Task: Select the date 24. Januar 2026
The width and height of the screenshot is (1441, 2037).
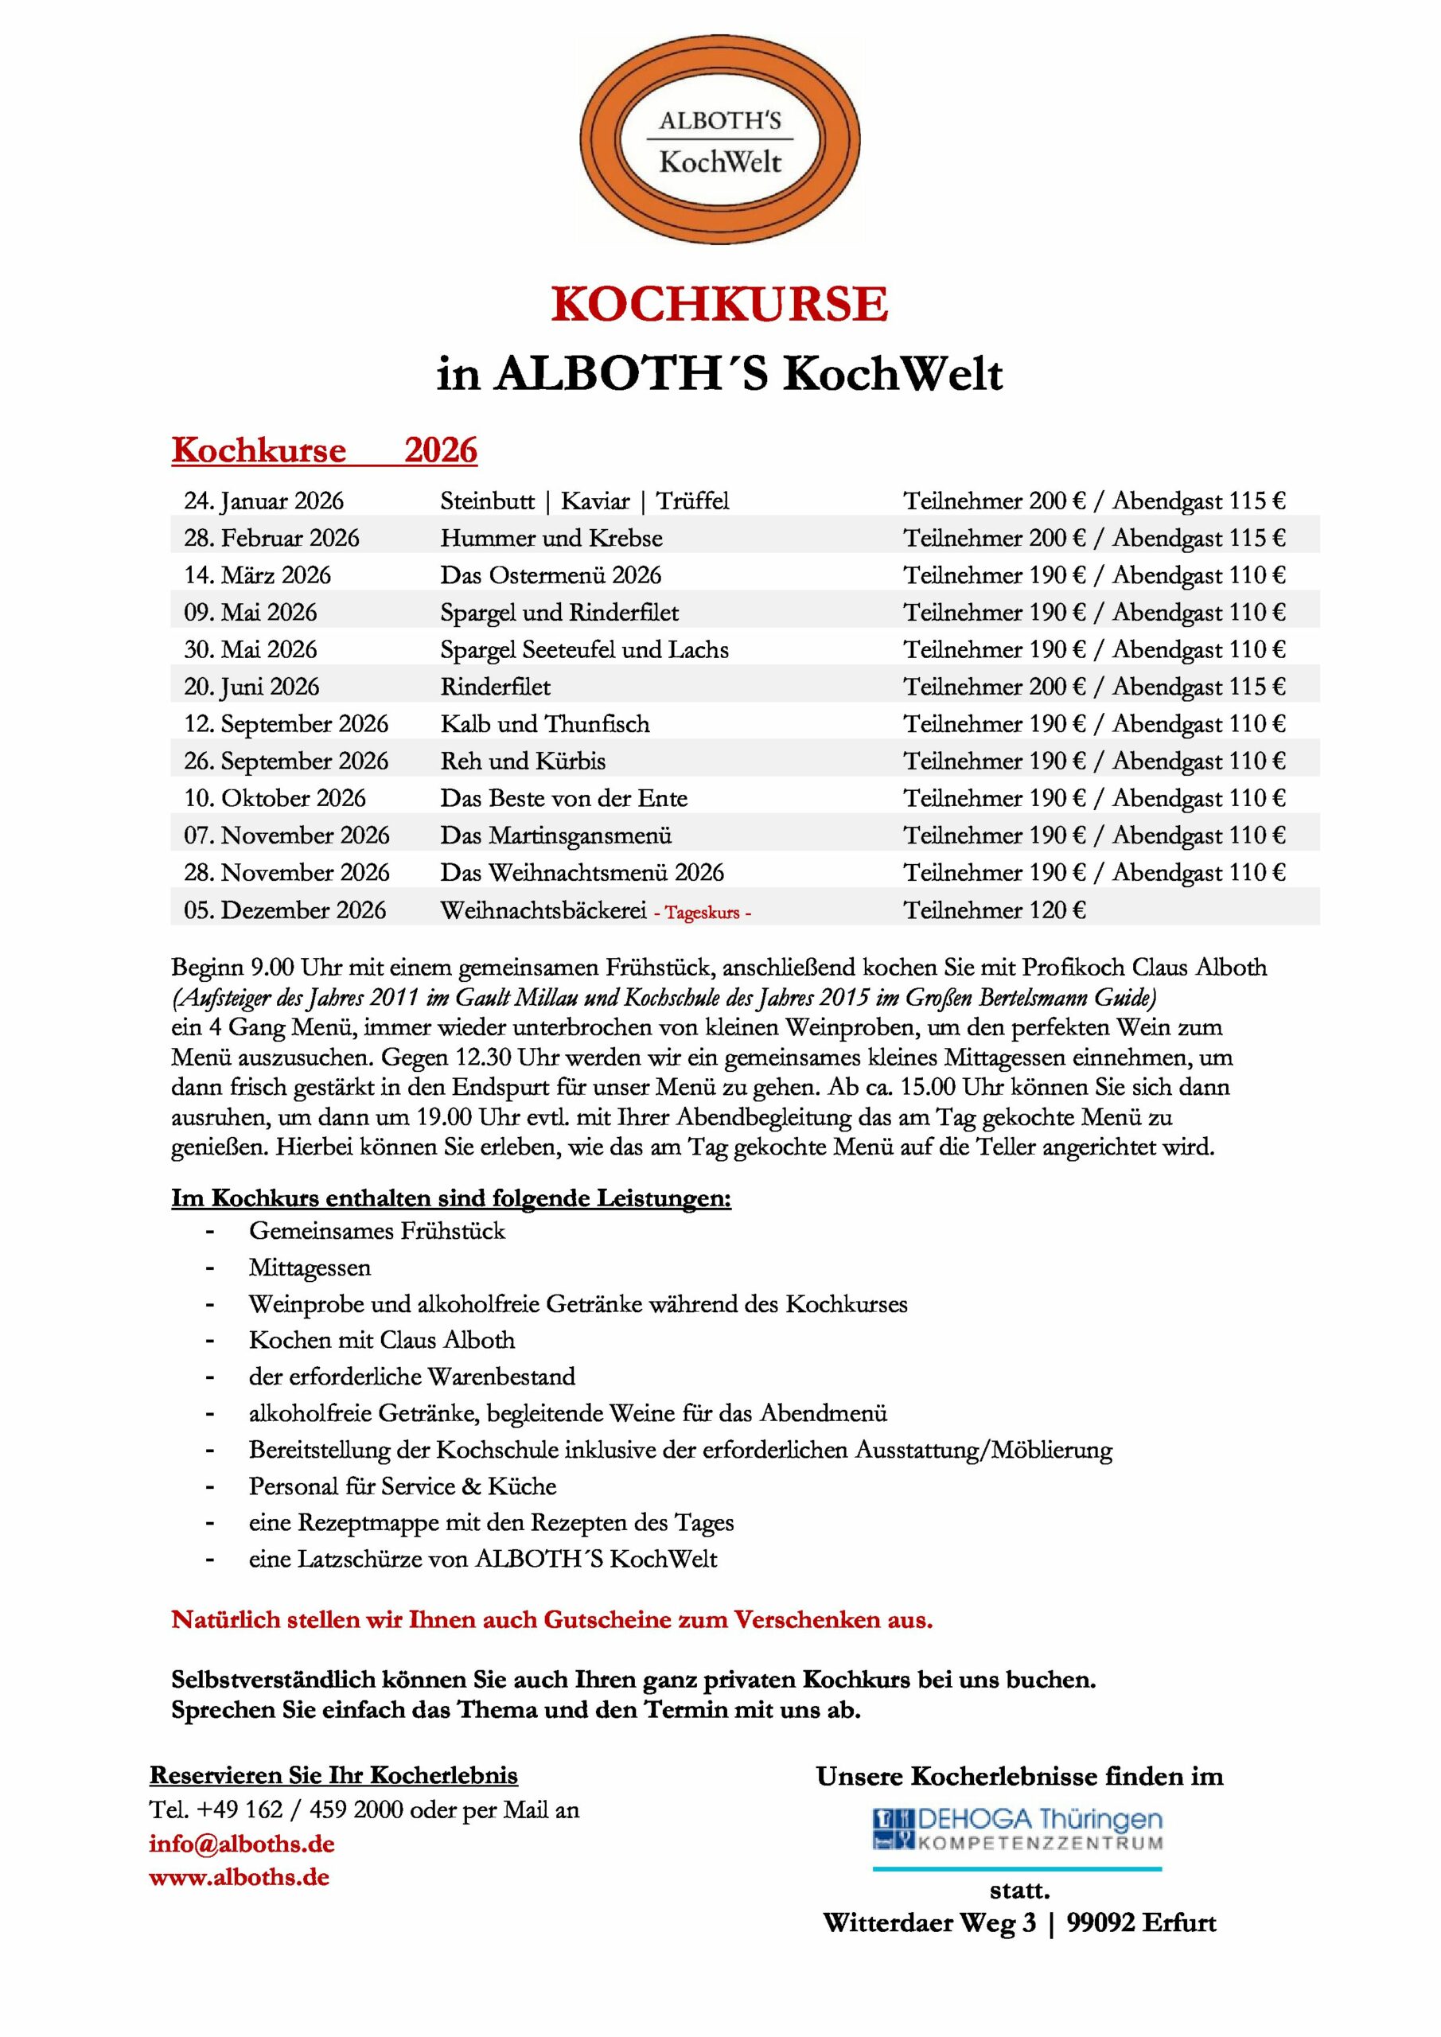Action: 263,501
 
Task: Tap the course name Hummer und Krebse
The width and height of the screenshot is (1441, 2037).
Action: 551,539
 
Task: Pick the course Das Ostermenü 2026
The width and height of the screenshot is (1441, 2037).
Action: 550,576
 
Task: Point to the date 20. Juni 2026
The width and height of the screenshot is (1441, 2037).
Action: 251,687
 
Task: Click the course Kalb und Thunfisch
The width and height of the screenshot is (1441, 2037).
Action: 545,724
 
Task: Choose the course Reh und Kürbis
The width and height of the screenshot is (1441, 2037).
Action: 523,761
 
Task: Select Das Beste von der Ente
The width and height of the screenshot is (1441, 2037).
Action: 563,798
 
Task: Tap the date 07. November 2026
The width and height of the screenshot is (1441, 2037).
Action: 286,835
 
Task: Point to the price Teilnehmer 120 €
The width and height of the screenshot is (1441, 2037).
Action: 994,910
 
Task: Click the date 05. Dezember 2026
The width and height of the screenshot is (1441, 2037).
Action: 285,910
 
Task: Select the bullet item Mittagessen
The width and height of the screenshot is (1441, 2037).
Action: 310,1268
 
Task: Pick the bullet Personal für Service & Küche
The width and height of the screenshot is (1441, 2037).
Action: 402,1486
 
